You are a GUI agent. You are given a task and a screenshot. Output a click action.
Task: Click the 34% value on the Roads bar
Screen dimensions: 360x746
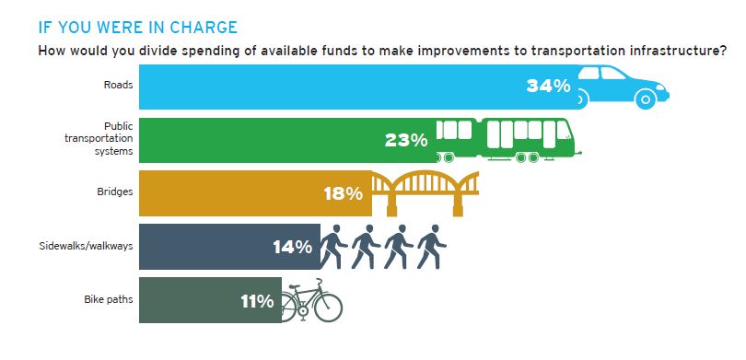(548, 87)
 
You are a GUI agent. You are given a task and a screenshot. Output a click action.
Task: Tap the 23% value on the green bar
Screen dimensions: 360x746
(406, 140)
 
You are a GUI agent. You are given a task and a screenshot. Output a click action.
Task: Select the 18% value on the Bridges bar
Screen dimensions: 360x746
(345, 193)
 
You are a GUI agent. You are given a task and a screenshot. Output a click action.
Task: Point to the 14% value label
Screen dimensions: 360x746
(293, 247)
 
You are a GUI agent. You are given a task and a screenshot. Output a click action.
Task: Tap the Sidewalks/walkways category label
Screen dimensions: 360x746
(84, 247)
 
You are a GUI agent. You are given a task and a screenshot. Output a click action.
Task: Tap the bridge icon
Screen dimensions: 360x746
(425, 192)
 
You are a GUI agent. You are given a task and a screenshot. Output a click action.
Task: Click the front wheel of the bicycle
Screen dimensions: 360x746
(329, 308)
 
